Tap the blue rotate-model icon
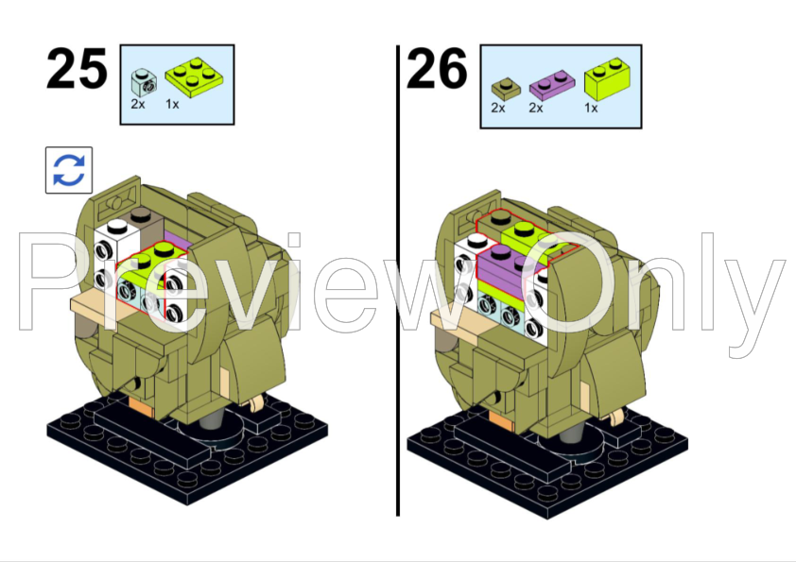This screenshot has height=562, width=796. pyautogui.click(x=69, y=170)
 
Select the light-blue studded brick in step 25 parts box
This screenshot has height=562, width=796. pyautogui.click(x=144, y=82)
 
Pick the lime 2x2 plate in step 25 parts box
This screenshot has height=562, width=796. pyautogui.click(x=194, y=77)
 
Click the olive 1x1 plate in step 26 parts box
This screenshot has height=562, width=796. pyautogui.click(x=505, y=90)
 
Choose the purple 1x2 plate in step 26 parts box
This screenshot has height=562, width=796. pyautogui.click(x=552, y=85)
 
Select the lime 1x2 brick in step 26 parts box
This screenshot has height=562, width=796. pyautogui.click(x=612, y=78)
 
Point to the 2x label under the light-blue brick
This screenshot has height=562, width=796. pyautogui.click(x=138, y=104)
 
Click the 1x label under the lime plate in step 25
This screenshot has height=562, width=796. pyautogui.click(x=172, y=104)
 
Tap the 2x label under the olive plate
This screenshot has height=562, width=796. pyautogui.click(x=498, y=108)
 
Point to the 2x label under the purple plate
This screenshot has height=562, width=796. pyautogui.click(x=536, y=108)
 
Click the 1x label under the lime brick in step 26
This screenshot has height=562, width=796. pyautogui.click(x=591, y=108)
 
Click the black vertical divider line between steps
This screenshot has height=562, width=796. pyautogui.click(x=398, y=281)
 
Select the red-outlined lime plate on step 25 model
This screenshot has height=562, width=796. pyautogui.click(x=148, y=264)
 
